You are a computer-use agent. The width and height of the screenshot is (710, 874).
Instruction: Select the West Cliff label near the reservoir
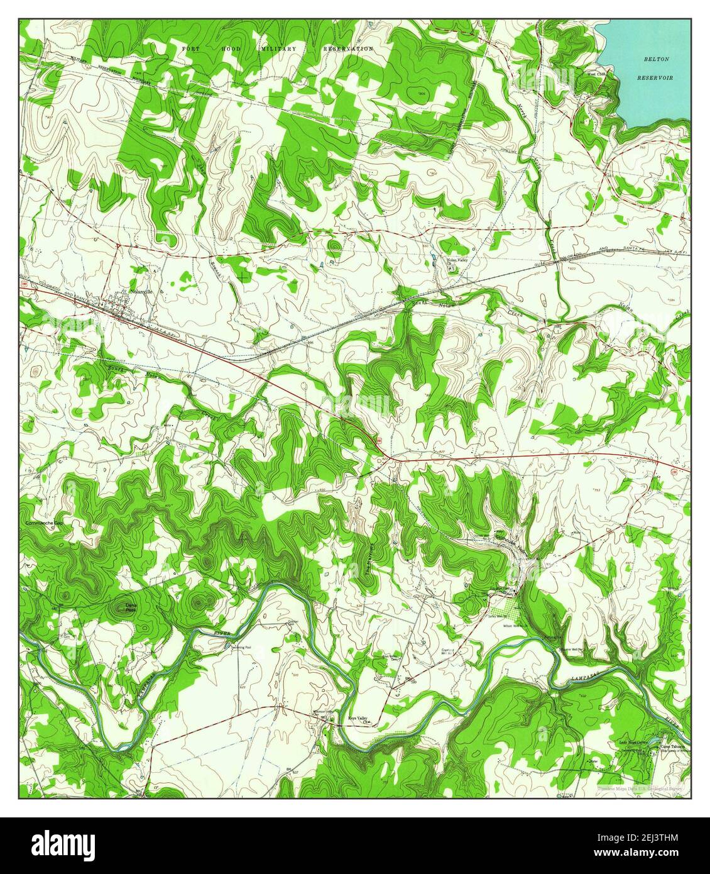tap(596, 74)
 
